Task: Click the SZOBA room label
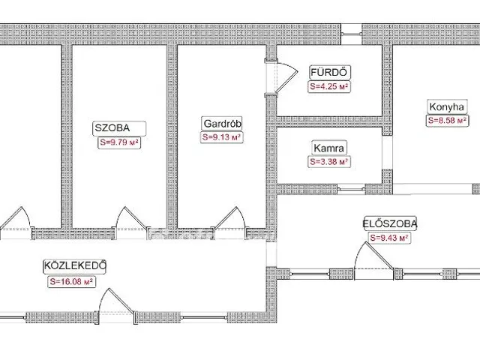tap(112, 128)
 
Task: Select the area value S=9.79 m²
tap(119, 142)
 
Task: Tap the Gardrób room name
tap(222, 124)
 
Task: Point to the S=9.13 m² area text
tap(222, 137)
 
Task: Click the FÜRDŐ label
tap(329, 73)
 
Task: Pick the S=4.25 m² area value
tap(329, 87)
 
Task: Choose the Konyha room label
tap(447, 107)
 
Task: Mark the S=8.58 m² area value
tap(447, 121)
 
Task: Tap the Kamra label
tap(329, 148)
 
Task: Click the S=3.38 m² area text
tap(329, 162)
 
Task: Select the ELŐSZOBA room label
tap(390, 223)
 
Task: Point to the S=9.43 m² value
tap(389, 238)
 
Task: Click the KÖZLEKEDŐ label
tap(75, 265)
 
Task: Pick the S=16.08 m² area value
tap(71, 282)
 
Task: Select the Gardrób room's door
tap(230, 218)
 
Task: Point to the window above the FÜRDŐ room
tap(352, 34)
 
